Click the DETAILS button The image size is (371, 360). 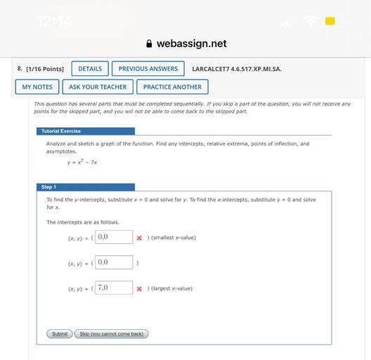pyautogui.click(x=90, y=69)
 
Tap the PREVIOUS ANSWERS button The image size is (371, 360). pyautogui.click(x=148, y=69)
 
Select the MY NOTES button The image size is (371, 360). pyautogui.click(x=37, y=87)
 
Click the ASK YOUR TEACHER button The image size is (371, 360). pyautogui.click(x=98, y=87)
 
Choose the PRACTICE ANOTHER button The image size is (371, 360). pyautogui.click(x=172, y=87)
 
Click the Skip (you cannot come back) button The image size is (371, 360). pyautogui.click(x=111, y=334)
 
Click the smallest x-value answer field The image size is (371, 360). pyautogui.click(x=114, y=237)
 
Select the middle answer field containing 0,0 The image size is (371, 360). pyautogui.click(x=114, y=262)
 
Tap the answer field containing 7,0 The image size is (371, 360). pyautogui.click(x=114, y=288)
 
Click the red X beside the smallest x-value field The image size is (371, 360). pyautogui.click(x=139, y=238)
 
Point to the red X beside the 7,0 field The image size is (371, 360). pyautogui.click(x=139, y=288)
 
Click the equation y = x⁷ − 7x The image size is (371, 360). pyautogui.click(x=82, y=162)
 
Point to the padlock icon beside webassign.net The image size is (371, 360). pyautogui.click(x=149, y=44)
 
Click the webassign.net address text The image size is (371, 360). pyautogui.click(x=191, y=44)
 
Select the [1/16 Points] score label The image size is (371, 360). pyautogui.click(x=41, y=69)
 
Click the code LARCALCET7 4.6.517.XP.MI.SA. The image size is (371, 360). pyautogui.click(x=236, y=69)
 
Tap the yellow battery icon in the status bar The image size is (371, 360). pyautogui.click(x=330, y=21)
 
